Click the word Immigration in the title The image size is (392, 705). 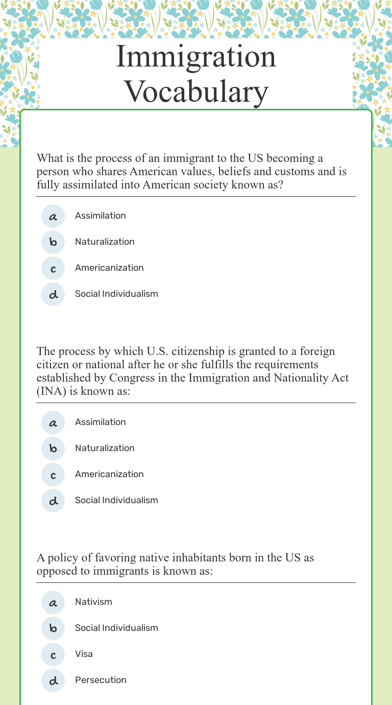[x=196, y=57]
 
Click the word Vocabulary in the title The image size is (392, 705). [x=197, y=92]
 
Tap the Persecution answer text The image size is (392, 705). [x=101, y=680]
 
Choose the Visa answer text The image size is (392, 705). [x=84, y=654]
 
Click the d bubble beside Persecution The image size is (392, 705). [x=53, y=680]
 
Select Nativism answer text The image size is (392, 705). [x=93, y=602]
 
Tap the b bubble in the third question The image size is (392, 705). [x=53, y=628]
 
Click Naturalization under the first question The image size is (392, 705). [x=105, y=242]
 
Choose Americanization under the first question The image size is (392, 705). [x=109, y=268]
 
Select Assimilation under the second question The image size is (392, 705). [x=100, y=422]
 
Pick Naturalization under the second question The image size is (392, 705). [x=105, y=448]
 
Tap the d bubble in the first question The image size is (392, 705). [x=53, y=294]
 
